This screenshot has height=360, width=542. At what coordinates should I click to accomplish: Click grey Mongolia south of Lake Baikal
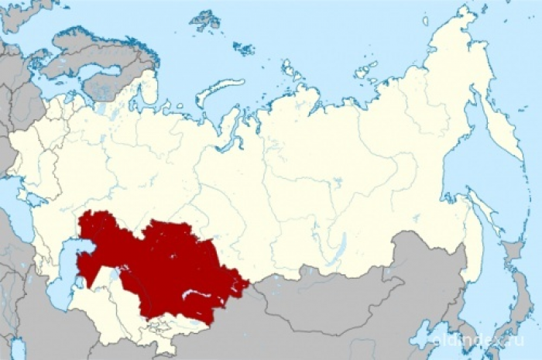click(341, 298)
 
